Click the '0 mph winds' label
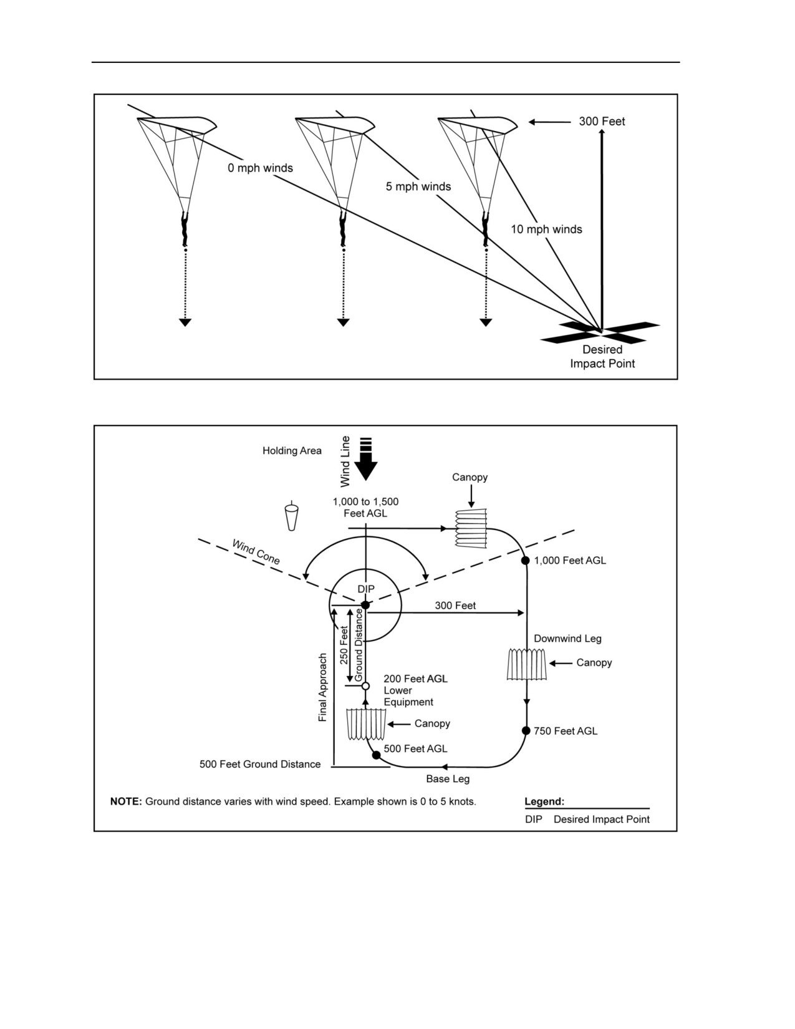pos(260,168)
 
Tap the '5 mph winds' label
pos(418,186)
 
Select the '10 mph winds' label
pos(546,229)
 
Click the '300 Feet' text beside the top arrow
pos(602,122)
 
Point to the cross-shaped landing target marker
pos(600,332)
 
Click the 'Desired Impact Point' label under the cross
pos(602,357)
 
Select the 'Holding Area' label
pos(292,451)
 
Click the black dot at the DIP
pos(365,605)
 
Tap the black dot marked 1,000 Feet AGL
pos(525,561)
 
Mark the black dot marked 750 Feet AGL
pos(526,731)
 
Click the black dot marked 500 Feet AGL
pos(377,755)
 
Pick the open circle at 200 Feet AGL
pos(365,685)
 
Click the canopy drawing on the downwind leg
pos(526,664)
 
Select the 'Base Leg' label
pos(448,779)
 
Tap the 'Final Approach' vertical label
pos(323,688)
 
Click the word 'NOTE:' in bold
pos(126,802)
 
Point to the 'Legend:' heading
pos(544,802)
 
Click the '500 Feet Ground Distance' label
pos(260,765)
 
